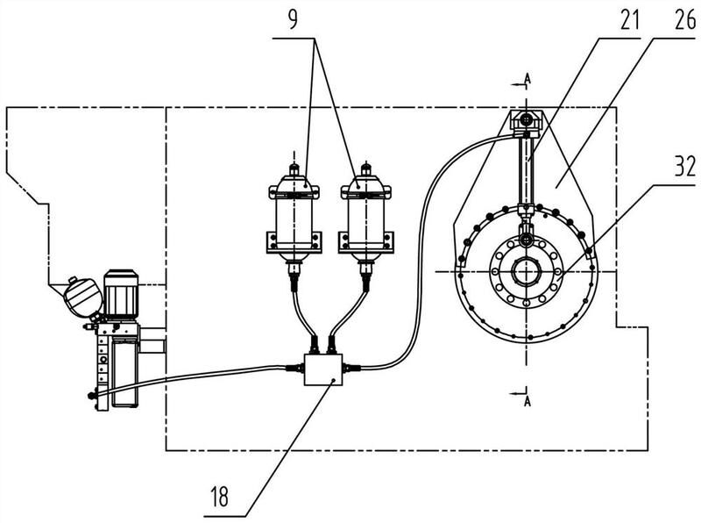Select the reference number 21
630,20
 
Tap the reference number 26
685,20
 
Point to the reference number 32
685,167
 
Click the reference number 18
220,497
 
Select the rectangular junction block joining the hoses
323,369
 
